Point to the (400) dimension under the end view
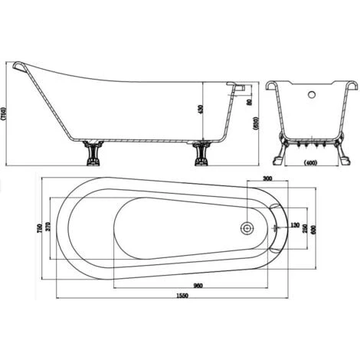coord(311,162)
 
